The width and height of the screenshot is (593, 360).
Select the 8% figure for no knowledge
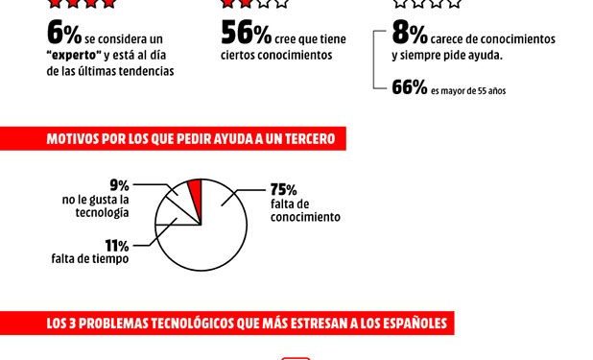click(x=410, y=36)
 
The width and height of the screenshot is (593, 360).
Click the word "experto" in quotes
click(x=75, y=56)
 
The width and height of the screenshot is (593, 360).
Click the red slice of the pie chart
click(x=195, y=191)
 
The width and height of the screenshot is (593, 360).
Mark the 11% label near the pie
click(x=118, y=246)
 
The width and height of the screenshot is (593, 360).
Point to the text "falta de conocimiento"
click(x=305, y=211)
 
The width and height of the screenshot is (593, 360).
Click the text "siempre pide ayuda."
click(x=448, y=56)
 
